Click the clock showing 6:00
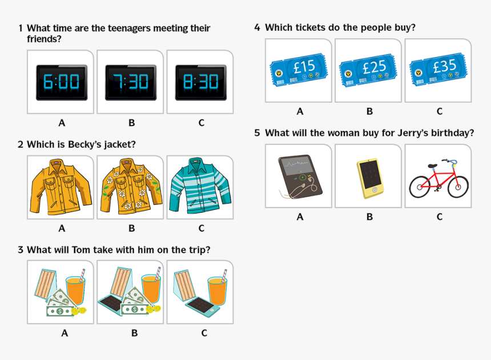point(61,82)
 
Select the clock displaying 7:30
point(131,82)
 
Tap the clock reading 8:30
point(200,82)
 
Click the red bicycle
point(438,179)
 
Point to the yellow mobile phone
point(370,176)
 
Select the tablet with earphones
point(299,176)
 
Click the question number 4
point(257,27)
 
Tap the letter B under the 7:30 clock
point(131,123)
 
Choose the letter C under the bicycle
point(439,217)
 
